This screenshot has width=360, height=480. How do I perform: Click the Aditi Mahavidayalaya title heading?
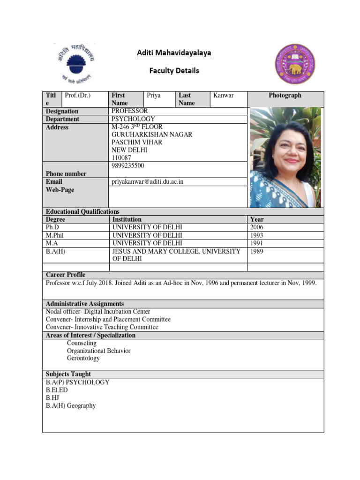[174, 53]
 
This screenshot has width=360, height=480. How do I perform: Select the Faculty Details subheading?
[174, 71]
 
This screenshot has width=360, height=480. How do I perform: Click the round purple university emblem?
[294, 64]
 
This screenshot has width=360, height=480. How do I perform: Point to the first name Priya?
[154, 95]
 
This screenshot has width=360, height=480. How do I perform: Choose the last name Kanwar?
[223, 95]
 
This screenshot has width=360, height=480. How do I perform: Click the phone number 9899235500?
[127, 166]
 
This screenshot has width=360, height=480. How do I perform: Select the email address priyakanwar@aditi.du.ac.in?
[151, 182]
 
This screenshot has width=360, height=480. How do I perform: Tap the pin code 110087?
[121, 158]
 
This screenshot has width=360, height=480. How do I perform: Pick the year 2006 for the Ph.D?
[257, 227]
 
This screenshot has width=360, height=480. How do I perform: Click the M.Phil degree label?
[54, 235]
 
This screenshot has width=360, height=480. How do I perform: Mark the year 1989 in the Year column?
[257, 252]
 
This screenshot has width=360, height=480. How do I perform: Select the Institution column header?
[127, 219]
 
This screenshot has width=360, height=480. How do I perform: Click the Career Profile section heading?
[66, 275]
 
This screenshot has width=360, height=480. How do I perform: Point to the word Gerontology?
[83, 358]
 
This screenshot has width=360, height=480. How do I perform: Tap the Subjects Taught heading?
[68, 374]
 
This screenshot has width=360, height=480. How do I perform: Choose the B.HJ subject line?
[52, 397]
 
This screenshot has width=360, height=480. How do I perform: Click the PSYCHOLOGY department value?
[133, 119]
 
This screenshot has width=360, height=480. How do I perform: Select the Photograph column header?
[285, 95]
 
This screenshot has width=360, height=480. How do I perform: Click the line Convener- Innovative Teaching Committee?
[102, 327]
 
